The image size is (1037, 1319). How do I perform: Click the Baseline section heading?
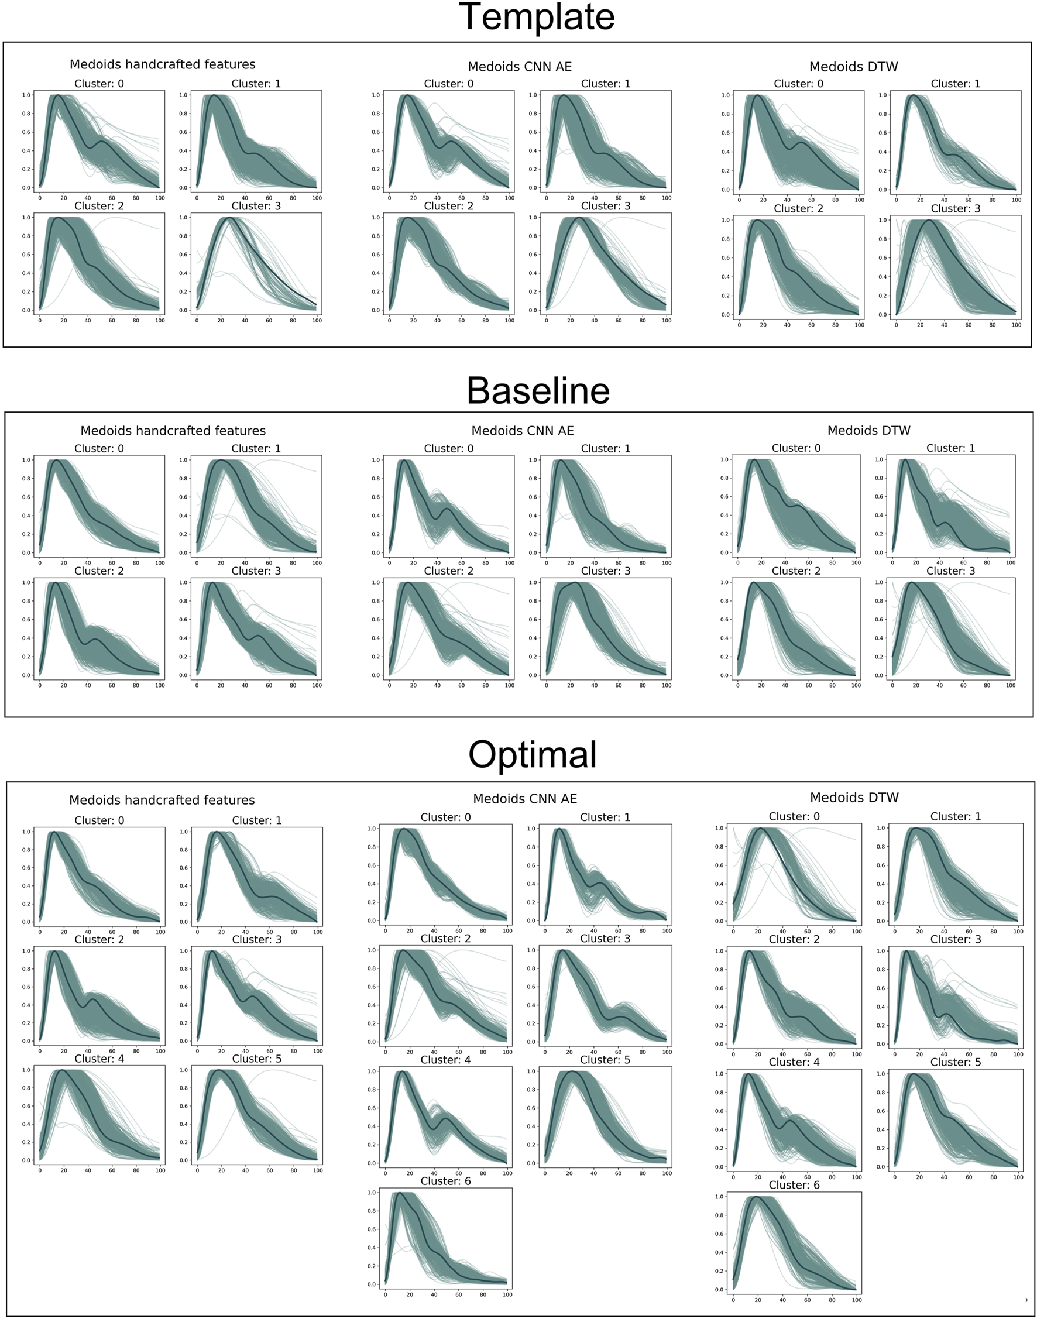[x=538, y=390]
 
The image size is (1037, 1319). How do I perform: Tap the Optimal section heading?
[x=533, y=754]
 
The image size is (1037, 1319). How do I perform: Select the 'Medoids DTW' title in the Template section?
[x=853, y=67]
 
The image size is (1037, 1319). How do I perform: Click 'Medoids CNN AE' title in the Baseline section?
[x=522, y=431]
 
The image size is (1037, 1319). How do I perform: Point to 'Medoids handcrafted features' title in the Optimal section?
[x=162, y=800]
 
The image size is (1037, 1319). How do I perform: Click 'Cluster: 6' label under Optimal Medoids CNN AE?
[x=445, y=1181]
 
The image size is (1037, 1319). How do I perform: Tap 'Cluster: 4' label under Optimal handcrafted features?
[x=99, y=1059]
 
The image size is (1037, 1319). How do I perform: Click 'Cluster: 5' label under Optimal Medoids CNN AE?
[x=605, y=1060]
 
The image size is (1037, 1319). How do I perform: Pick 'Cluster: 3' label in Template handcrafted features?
[x=256, y=207]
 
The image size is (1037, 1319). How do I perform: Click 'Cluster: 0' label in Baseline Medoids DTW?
[x=796, y=448]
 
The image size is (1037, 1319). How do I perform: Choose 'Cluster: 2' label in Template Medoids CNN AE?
[x=448, y=207]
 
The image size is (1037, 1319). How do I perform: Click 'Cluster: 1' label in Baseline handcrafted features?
[x=256, y=449]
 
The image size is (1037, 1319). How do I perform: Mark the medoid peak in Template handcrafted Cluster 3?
[x=229, y=217]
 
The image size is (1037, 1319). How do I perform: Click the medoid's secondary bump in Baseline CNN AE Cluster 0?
[x=447, y=509]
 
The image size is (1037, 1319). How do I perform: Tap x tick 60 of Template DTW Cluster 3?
[x=968, y=325]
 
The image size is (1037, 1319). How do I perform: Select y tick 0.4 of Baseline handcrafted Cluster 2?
[x=26, y=638]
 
